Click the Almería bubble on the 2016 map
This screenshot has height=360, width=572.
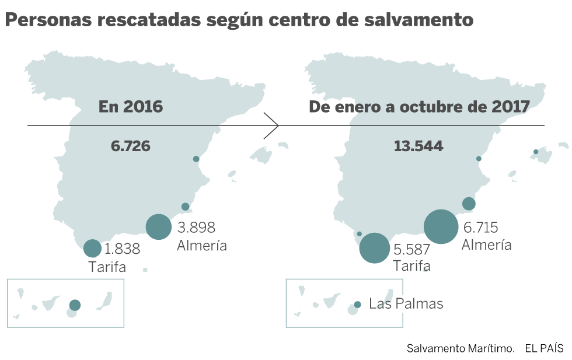(158, 226)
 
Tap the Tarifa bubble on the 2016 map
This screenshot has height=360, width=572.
(92, 249)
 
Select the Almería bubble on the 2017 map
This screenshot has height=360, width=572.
(441, 226)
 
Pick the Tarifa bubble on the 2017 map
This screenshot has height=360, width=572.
(375, 249)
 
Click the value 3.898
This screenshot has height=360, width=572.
(196, 227)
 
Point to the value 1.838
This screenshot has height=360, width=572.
(122, 249)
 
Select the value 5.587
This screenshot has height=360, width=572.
(411, 250)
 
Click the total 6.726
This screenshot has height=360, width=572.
(131, 146)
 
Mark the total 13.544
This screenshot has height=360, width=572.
(418, 146)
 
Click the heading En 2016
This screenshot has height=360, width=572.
(131, 107)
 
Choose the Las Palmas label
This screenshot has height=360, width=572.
(406, 304)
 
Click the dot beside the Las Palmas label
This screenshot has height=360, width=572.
(358, 305)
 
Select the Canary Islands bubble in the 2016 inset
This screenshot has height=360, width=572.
(75, 305)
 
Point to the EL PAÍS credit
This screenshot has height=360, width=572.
(544, 348)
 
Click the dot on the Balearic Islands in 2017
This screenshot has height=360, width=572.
(536, 152)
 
